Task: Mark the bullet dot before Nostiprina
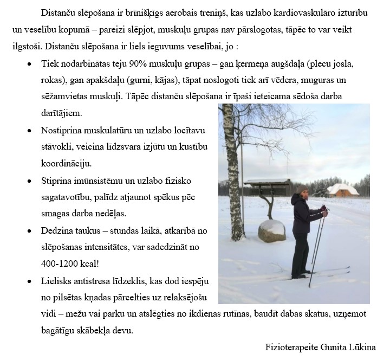[x=29, y=131]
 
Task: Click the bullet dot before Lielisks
[x=29, y=282]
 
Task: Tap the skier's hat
[x=302, y=189]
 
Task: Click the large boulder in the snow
[x=271, y=230]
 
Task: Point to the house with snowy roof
[x=343, y=189]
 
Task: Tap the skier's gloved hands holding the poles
[x=324, y=210]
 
